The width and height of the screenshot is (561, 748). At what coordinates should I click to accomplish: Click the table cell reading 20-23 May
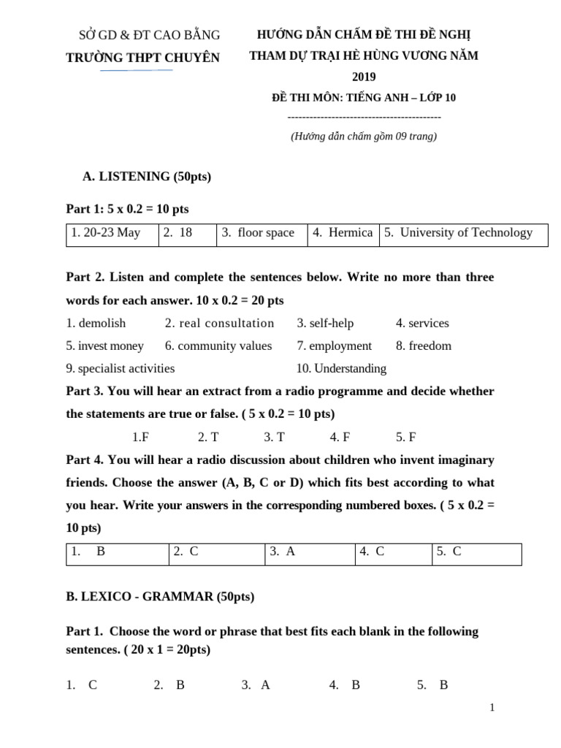coord(106,233)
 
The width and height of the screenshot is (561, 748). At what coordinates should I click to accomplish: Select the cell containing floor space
coord(258,233)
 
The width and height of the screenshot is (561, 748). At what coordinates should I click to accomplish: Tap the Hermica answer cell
coord(342,233)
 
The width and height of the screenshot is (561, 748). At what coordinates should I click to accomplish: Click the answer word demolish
coord(102,324)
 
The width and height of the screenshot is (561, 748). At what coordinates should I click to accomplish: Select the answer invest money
coord(110,346)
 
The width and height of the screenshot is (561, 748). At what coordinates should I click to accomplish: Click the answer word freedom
coord(430,346)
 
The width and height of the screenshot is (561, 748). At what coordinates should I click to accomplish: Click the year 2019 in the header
coord(363,77)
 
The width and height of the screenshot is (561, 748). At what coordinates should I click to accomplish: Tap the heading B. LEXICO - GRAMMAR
coord(160,597)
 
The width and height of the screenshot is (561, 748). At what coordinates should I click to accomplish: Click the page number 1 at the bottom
coord(493,707)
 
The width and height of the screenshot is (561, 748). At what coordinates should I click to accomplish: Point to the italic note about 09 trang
coord(364,136)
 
